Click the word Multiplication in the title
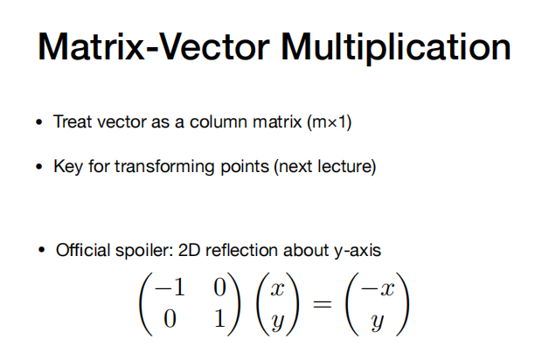396,48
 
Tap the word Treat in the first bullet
73,121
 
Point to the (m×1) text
330,122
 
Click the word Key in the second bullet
68,167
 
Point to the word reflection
241,250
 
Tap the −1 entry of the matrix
170,287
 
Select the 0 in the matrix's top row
220,287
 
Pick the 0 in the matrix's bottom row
170,319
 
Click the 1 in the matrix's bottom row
220,319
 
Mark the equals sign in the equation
323,303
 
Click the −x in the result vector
378,288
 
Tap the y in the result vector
378,322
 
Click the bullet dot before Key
39,167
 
